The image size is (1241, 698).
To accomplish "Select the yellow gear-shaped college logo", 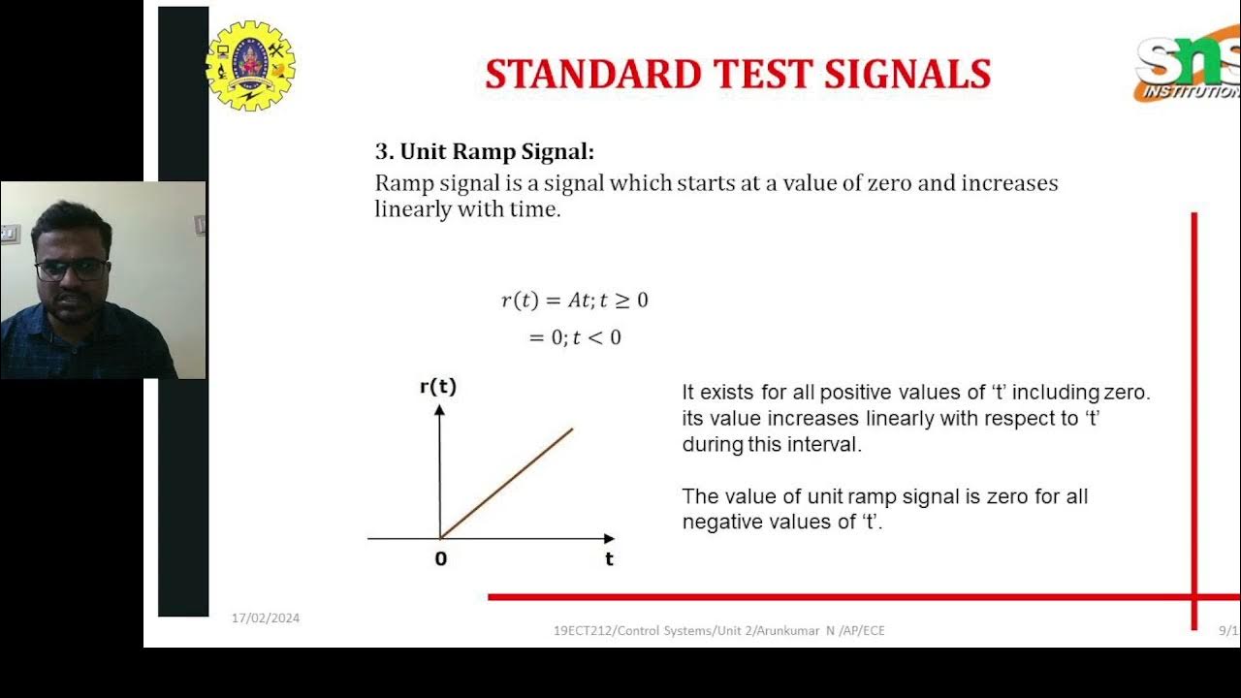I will pyautogui.click(x=251, y=64).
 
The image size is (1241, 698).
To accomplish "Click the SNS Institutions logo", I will pyautogui.click(x=1189, y=69).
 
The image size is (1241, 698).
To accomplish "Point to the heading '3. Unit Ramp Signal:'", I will pyautogui.click(x=484, y=152).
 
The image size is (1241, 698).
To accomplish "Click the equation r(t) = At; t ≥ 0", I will pyautogui.click(x=574, y=301).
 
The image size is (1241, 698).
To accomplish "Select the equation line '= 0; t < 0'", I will pyautogui.click(x=574, y=338).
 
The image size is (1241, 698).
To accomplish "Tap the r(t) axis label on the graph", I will pyautogui.click(x=438, y=387).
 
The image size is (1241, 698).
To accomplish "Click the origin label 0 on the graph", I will pyautogui.click(x=441, y=559).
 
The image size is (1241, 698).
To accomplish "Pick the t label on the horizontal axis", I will pyautogui.click(x=609, y=559).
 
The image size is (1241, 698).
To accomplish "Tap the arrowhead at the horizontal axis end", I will pyautogui.click(x=609, y=538).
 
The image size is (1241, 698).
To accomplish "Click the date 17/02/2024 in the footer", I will pyautogui.click(x=265, y=619).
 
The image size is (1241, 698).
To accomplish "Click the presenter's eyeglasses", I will pyautogui.click(x=72, y=269).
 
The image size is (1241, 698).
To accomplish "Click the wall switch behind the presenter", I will pyautogui.click(x=10, y=234).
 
